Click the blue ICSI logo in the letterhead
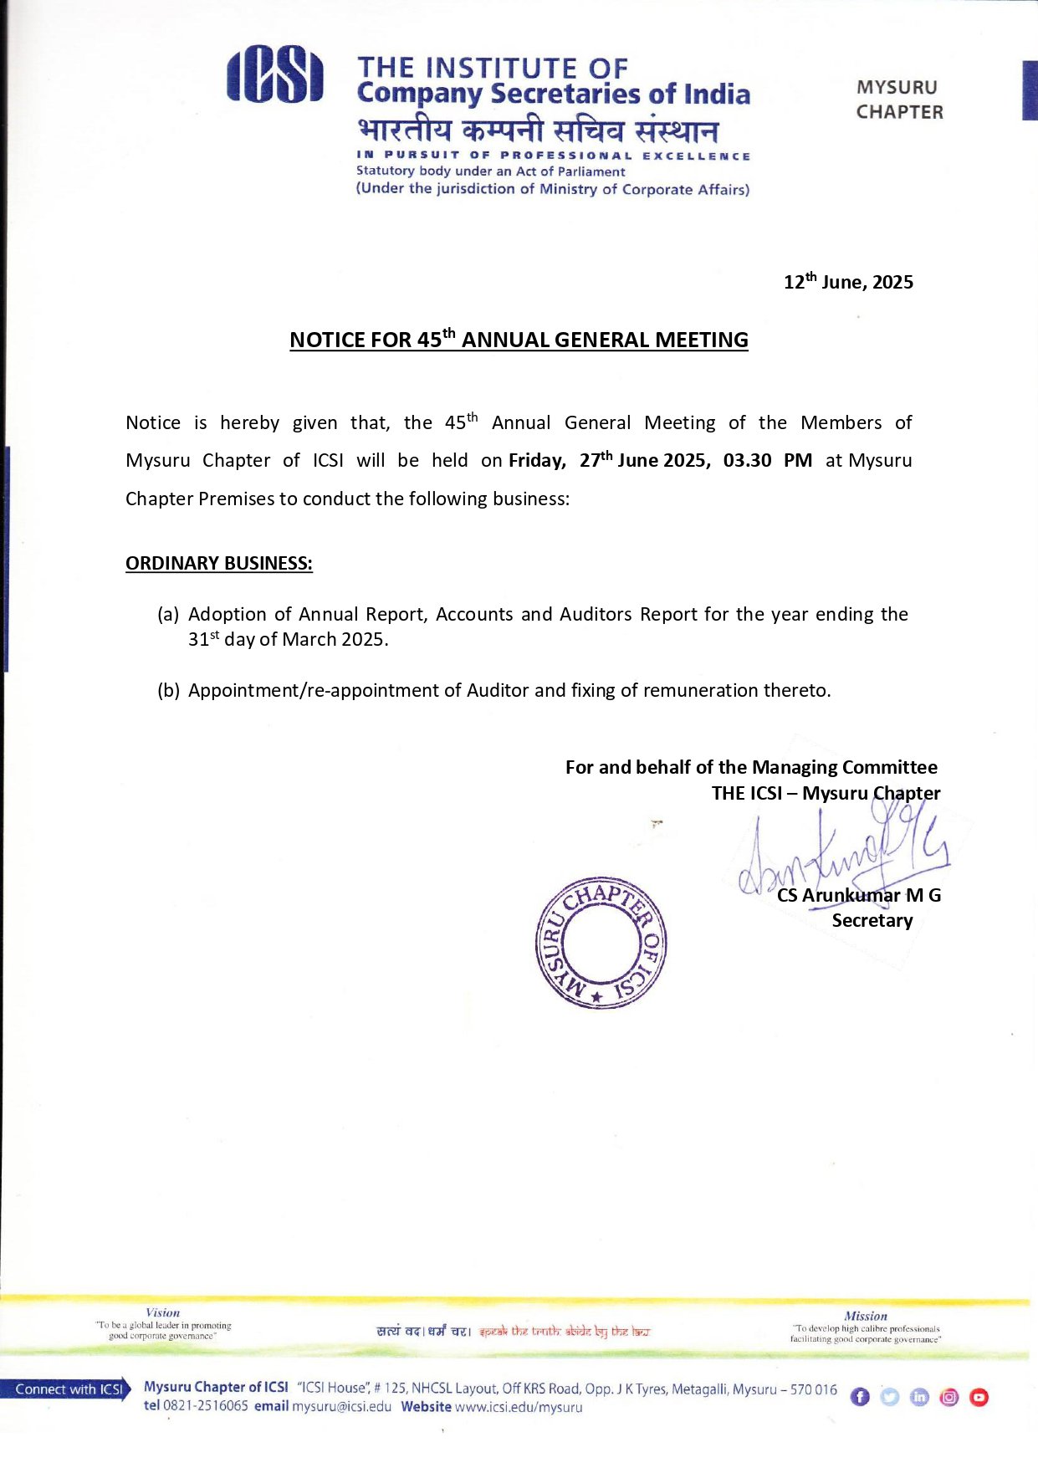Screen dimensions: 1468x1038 coord(274,75)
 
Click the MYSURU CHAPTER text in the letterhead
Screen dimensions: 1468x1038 coord(899,100)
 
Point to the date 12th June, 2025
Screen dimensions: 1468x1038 coord(847,282)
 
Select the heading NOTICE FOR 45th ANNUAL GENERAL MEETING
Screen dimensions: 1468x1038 coord(519,340)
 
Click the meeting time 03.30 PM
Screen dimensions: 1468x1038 coord(767,461)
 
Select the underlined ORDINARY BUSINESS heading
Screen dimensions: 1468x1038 coord(219,564)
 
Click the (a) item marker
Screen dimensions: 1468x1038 coord(168,615)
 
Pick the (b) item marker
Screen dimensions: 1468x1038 coord(168,691)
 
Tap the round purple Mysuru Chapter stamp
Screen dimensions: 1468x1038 coord(601,943)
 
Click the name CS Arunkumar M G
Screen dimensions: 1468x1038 coord(859,896)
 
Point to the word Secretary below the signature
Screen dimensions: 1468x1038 coord(872,921)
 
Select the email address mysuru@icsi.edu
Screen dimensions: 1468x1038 coord(341,1407)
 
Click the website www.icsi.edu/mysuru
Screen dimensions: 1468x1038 coord(519,1407)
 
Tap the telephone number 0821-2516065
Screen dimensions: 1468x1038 coord(206,1406)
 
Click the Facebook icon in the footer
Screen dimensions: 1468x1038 coord(860,1397)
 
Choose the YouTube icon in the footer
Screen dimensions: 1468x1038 coord(979,1397)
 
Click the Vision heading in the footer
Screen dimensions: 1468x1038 coord(162,1313)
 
